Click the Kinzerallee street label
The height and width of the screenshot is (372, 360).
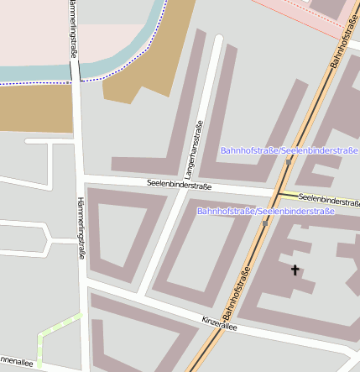[220, 323]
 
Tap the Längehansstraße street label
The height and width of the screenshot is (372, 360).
[200, 147]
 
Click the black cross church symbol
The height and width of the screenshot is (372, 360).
[295, 270]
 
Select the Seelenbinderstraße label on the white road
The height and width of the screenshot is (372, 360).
[179, 183]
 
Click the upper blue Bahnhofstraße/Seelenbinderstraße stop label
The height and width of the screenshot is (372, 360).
[289, 150]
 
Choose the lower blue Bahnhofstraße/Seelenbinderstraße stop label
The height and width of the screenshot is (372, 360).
[265, 211]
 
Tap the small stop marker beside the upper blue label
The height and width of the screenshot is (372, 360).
[288, 161]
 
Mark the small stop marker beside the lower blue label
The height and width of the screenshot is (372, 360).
[265, 223]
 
